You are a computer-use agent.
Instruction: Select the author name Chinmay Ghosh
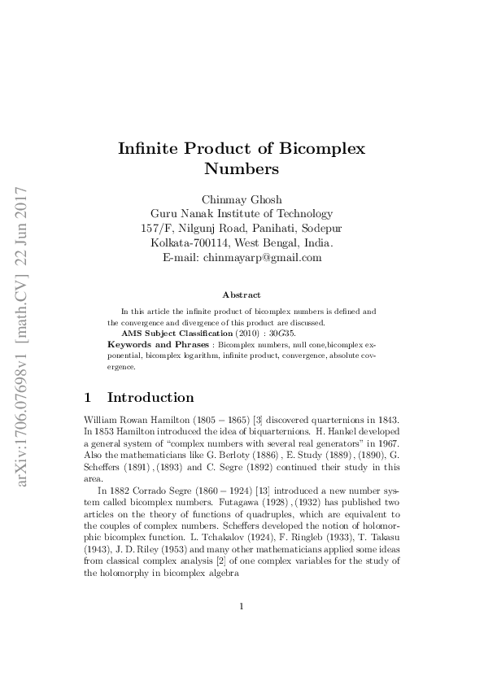(x=242, y=199)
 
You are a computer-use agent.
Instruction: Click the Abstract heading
(x=242, y=295)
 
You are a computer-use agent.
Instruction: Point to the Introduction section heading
(x=150, y=398)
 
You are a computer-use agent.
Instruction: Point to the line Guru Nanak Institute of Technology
(x=242, y=214)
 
